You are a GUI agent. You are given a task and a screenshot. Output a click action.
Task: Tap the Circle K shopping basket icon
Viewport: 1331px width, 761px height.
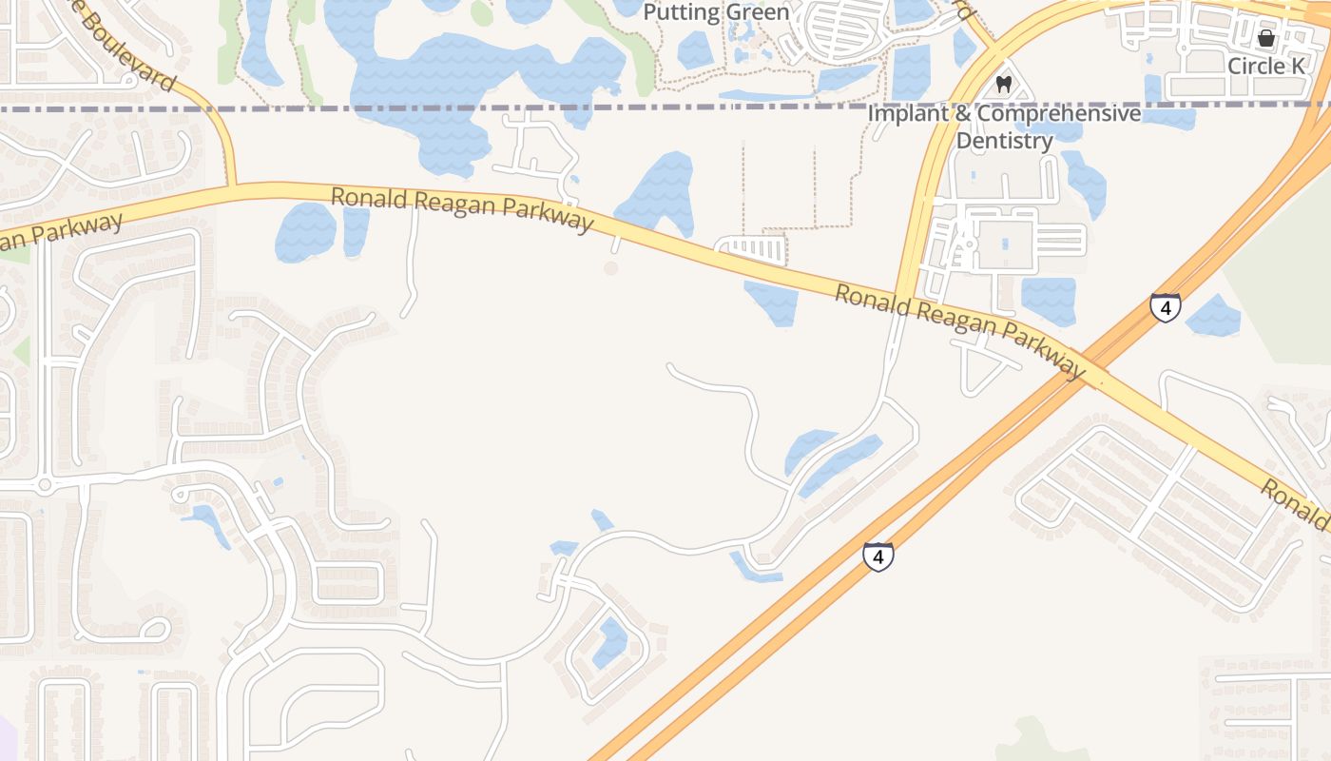pyautogui.click(x=1265, y=39)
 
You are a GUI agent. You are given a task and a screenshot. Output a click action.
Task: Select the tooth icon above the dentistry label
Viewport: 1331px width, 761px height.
pyautogui.click(x=1002, y=85)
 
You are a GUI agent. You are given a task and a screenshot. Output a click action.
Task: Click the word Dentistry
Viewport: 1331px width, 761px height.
pyautogui.click(x=1004, y=141)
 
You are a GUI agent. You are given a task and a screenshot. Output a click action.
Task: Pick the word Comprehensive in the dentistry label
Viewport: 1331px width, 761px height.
pyautogui.click(x=1059, y=113)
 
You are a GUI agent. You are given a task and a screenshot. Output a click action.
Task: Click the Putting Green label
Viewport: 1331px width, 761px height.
pyautogui.click(x=716, y=12)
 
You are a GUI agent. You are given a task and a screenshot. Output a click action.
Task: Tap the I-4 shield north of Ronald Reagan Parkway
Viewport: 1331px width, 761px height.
pyautogui.click(x=1165, y=307)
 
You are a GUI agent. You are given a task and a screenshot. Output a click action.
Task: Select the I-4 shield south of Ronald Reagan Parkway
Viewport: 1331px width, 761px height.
pyautogui.click(x=878, y=556)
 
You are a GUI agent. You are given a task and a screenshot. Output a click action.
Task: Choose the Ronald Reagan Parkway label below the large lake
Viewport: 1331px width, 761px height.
pyautogui.click(x=462, y=209)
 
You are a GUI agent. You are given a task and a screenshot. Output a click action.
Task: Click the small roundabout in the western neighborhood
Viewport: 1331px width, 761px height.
pyautogui.click(x=45, y=485)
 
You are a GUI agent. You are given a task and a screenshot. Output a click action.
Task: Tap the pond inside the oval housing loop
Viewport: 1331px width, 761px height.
pyautogui.click(x=609, y=643)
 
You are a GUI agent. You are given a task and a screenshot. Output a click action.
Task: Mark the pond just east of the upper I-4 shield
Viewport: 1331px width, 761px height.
pyautogui.click(x=1213, y=316)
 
